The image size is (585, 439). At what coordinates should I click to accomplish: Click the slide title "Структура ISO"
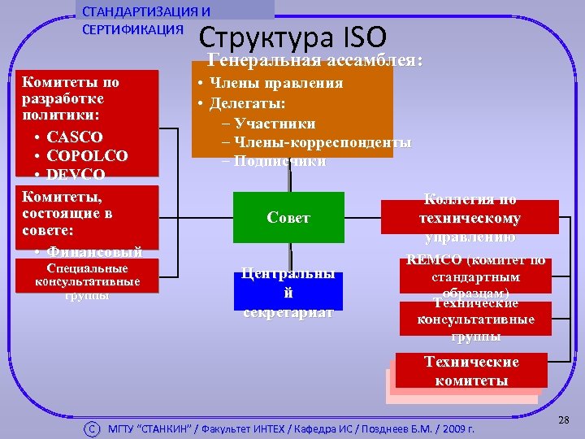[x=292, y=37]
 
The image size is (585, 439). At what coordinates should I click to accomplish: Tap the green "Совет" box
[x=288, y=218]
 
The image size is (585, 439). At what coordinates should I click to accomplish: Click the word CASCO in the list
[x=75, y=137]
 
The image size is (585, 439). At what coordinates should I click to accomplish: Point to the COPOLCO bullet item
[x=87, y=155]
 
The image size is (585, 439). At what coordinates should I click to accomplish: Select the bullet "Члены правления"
[x=275, y=83]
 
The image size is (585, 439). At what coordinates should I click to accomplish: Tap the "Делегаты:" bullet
[x=247, y=103]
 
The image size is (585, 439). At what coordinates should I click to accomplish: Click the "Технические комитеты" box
[x=471, y=371]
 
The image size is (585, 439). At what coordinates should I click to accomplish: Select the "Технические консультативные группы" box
[x=475, y=319]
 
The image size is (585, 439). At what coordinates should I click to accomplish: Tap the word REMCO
[x=433, y=261]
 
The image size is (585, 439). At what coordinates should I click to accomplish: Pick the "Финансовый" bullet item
[x=94, y=251]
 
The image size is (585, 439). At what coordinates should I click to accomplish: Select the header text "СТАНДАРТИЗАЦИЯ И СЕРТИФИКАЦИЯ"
[x=146, y=22]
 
